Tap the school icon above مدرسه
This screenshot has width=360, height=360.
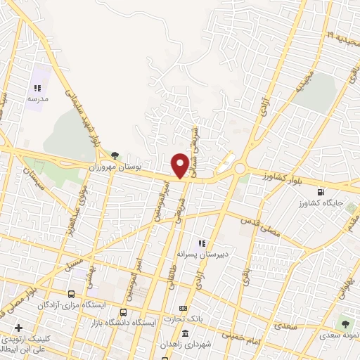coord(37,89)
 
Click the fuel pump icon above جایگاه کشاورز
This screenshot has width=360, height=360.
coord(322,191)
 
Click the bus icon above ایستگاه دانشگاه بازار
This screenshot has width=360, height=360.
coord(124,312)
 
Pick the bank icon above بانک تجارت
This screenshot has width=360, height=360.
coord(184,309)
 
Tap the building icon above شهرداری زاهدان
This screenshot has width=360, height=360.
coord(185,333)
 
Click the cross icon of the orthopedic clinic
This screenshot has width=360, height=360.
coord(18,328)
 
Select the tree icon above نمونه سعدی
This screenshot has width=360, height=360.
coord(345,323)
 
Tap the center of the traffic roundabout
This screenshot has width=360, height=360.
coord(240,169)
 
